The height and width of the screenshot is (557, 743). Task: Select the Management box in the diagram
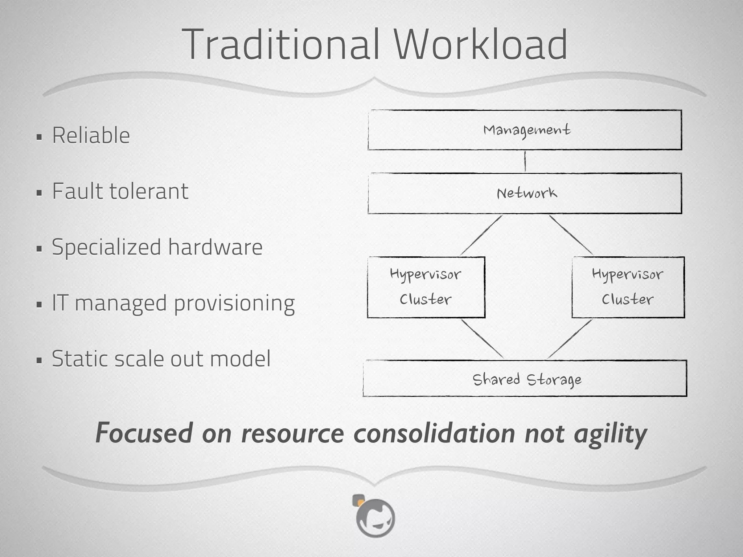click(x=525, y=130)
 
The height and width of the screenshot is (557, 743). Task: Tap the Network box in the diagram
click(x=525, y=193)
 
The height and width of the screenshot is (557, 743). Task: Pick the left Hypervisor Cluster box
click(x=426, y=287)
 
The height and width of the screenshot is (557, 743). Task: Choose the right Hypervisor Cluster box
click(x=628, y=287)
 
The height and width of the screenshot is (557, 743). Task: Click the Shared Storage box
click(x=525, y=379)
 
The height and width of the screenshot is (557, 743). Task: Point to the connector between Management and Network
click(x=525, y=161)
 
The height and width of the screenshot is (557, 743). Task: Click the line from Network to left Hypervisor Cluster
click(x=481, y=235)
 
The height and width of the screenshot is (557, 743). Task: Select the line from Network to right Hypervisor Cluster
click(x=571, y=235)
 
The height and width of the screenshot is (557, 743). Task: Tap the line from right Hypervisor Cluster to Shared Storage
click(x=570, y=339)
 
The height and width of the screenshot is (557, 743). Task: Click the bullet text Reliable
click(x=91, y=135)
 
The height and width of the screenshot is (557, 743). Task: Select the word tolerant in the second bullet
click(x=149, y=191)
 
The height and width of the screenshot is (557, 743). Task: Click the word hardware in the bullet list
click(x=215, y=247)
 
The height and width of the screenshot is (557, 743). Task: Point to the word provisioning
click(x=234, y=304)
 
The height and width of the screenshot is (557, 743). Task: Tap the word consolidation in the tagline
click(x=434, y=433)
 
